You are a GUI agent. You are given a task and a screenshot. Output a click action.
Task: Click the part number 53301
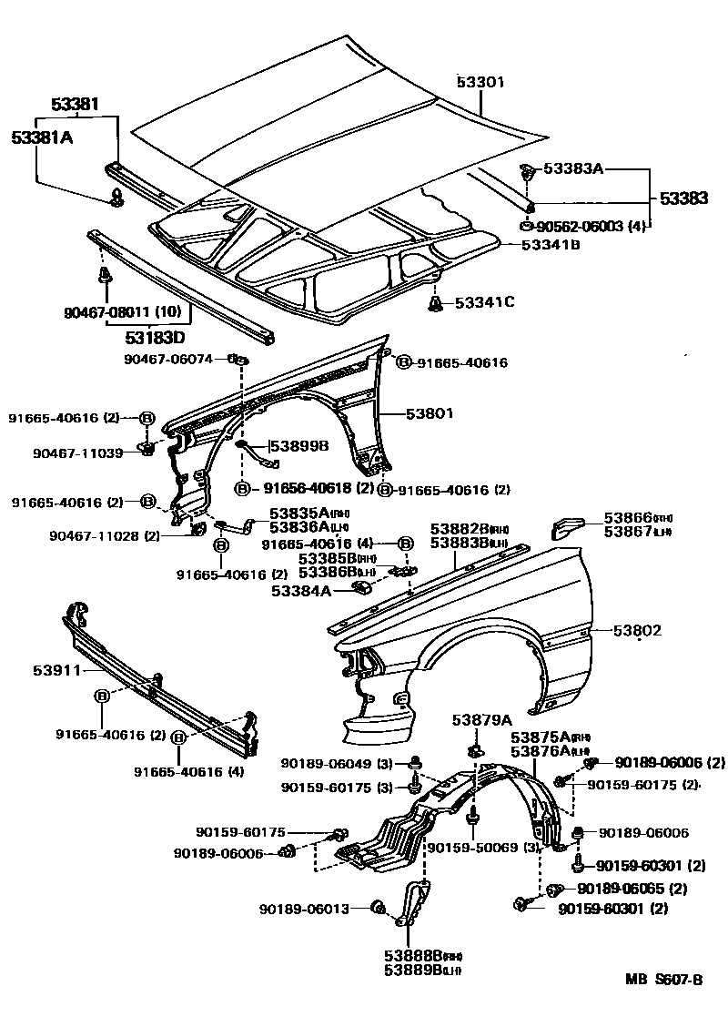click(x=480, y=83)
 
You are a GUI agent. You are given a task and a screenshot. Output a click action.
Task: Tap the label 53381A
click(x=42, y=137)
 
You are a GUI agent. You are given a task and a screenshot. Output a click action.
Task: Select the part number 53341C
click(x=484, y=301)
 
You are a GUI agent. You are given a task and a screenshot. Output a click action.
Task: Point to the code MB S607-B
click(x=663, y=980)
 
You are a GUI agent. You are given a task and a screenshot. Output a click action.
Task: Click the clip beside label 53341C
click(x=436, y=302)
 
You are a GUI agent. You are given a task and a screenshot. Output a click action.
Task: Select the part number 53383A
click(x=573, y=168)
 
